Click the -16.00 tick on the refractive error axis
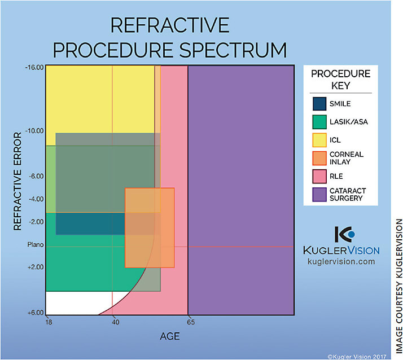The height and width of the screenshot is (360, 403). pyautogui.click(x=34, y=67)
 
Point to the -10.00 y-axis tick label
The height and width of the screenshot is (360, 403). pyautogui.click(x=34, y=131)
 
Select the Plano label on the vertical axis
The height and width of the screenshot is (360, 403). pyautogui.click(x=35, y=245)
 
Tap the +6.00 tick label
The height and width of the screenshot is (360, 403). pyautogui.click(x=35, y=313)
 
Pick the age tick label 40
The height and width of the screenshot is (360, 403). pyautogui.click(x=115, y=322)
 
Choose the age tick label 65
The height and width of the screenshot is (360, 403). pyautogui.click(x=191, y=322)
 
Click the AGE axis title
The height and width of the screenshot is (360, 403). pyautogui.click(x=170, y=336)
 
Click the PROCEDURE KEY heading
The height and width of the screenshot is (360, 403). pyautogui.click(x=341, y=80)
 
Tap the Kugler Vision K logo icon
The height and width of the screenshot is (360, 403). pyautogui.click(x=343, y=235)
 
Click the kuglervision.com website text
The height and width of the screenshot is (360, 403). pyautogui.click(x=341, y=262)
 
